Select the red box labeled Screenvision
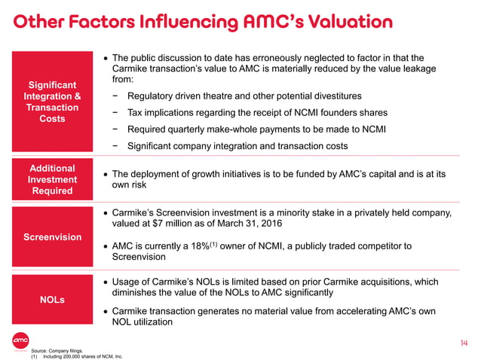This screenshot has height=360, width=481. (x=52, y=237)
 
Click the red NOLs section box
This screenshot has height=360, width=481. (x=52, y=300)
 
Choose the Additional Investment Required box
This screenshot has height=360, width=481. (x=52, y=179)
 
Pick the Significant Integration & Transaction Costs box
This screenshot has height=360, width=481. (x=52, y=102)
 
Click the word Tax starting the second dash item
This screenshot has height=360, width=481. (x=136, y=113)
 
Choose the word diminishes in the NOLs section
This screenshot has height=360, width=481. (x=138, y=294)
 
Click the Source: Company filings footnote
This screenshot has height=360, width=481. (x=57, y=350)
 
